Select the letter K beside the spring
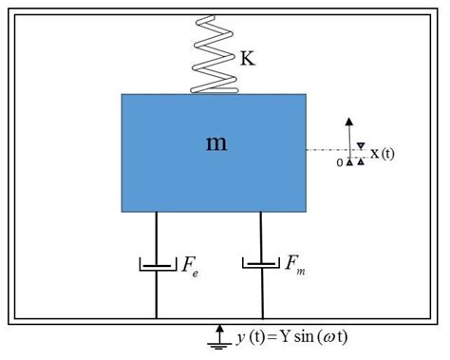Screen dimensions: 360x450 click(x=248, y=59)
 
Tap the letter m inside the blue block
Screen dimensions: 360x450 click(x=216, y=142)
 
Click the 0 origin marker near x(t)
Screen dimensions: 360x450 click(x=340, y=163)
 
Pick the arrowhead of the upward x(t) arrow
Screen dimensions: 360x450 click(x=350, y=120)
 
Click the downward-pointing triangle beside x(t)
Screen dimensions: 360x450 click(x=361, y=144)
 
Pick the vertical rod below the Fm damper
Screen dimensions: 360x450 click(x=261, y=294)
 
